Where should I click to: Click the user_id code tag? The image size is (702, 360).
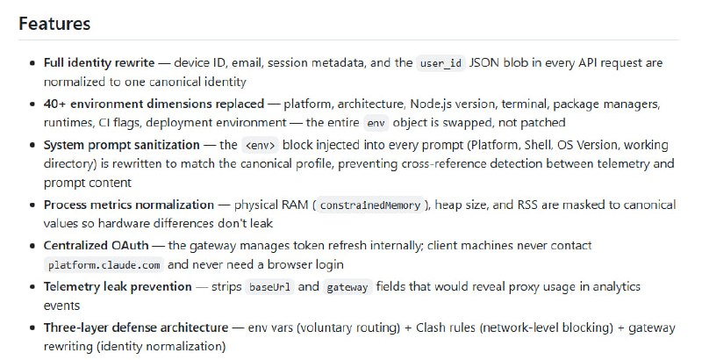tap(441, 63)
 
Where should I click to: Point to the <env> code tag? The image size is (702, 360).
tap(260, 144)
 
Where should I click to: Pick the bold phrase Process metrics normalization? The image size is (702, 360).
tap(129, 205)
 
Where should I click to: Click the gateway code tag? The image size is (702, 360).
tap(348, 286)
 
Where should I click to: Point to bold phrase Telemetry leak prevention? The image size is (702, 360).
tap(118, 286)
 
